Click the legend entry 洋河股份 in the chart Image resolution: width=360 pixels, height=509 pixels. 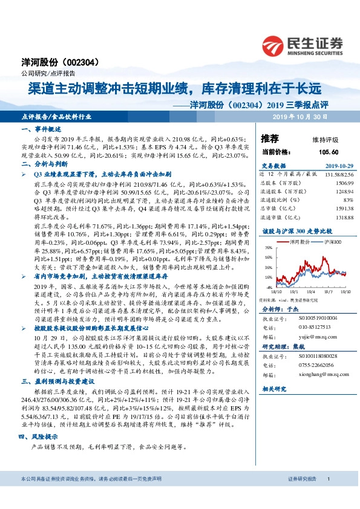[300, 241]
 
